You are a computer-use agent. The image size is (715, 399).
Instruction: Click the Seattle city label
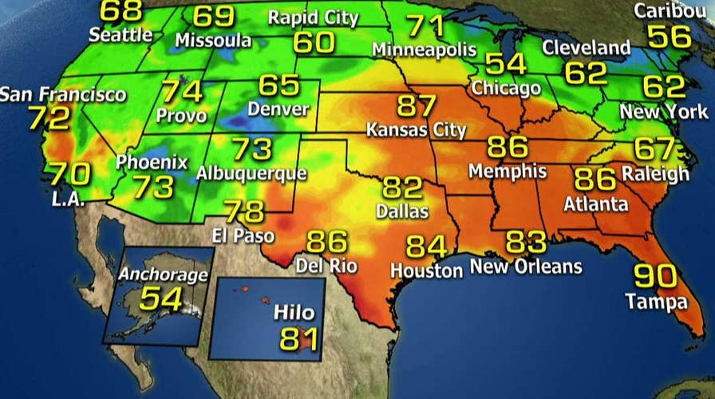[120, 35]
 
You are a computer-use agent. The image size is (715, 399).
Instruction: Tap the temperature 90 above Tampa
[655, 275]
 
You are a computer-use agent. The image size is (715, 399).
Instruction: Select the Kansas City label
[416, 129]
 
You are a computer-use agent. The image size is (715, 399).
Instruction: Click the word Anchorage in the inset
[163, 275]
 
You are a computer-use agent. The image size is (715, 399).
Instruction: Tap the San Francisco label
[63, 94]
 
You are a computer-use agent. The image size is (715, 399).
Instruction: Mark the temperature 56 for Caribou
[669, 36]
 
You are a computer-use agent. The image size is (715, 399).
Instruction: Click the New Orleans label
[526, 266]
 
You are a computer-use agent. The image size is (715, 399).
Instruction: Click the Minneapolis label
[425, 49]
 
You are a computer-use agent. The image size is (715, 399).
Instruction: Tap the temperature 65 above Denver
[278, 85]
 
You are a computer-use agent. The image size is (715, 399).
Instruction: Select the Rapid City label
[312, 18]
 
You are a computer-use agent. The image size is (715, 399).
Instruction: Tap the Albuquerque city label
[251, 172]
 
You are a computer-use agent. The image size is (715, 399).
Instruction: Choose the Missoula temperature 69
[214, 16]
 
